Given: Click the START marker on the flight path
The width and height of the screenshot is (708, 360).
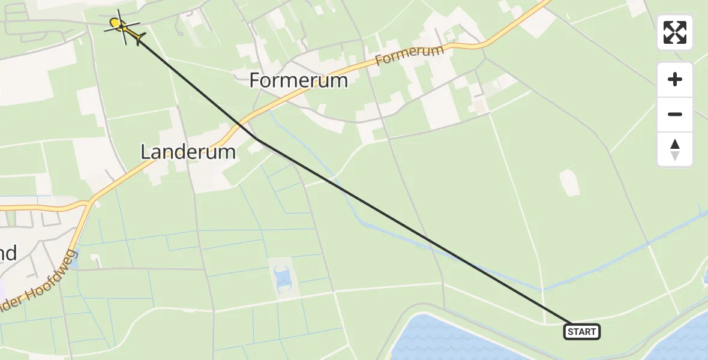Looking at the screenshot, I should point(581,331).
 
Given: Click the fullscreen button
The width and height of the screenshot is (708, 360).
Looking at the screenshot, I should point(675,32).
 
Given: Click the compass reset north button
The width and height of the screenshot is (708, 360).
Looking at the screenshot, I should point(675,149).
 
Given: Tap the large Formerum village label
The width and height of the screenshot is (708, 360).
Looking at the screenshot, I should point(298,80).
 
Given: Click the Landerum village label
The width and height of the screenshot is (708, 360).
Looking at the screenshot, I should point(188,152).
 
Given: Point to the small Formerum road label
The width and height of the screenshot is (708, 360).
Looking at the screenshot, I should point(410,56).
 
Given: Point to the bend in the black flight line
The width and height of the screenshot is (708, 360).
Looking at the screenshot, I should point(257,139).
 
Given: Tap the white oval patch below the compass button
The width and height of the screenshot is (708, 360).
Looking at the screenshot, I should point(569,182).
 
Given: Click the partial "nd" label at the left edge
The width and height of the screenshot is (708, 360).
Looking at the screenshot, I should point(7,253).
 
